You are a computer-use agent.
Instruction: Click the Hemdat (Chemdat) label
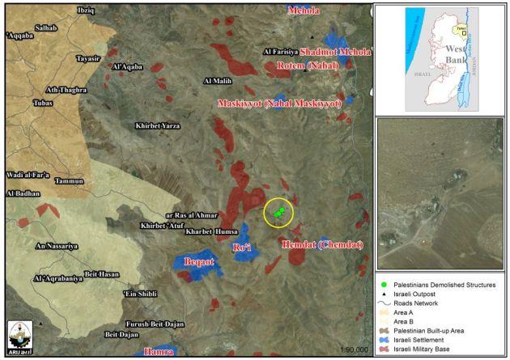click(x=322, y=244)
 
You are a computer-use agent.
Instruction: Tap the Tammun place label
click(x=70, y=181)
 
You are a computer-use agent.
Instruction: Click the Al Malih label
click(x=219, y=81)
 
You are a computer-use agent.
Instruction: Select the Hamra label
click(x=159, y=352)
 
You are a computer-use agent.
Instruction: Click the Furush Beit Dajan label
click(x=159, y=323)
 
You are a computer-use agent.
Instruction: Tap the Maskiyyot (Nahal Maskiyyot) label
click(x=279, y=104)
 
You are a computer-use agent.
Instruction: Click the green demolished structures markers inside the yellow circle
click(x=279, y=212)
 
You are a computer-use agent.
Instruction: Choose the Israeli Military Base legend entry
click(x=437, y=348)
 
